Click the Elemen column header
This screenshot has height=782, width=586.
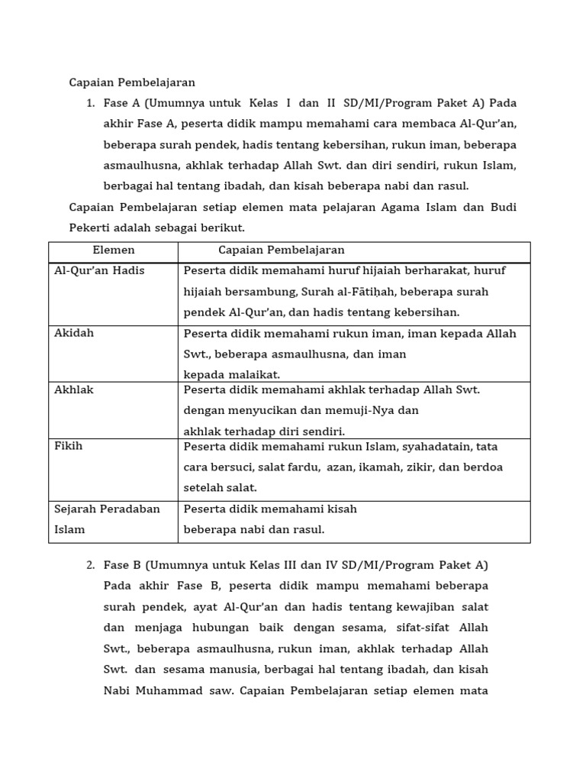pos(113,250)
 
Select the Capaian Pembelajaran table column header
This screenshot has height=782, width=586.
pos(281,250)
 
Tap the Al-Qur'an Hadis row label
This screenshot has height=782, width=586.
pos(99,270)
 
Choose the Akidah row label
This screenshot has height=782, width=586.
pos(74,333)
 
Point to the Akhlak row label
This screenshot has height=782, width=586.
pos(74,389)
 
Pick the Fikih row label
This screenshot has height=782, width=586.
pos(69,446)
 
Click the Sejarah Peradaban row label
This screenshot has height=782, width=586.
pos(107,509)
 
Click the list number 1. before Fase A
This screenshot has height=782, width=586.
pos(90,103)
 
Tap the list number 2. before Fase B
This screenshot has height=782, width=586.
pos(90,565)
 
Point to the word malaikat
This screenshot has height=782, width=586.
pos(255,374)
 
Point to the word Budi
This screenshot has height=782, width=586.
pos(501,207)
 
